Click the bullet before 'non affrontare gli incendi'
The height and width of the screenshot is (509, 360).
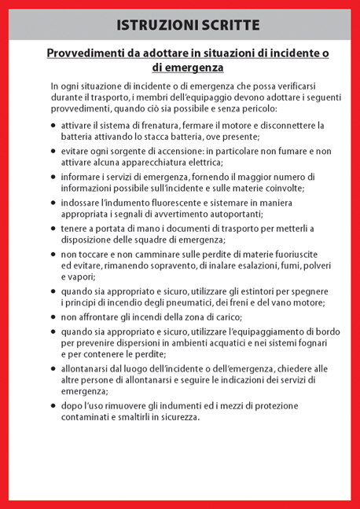53,317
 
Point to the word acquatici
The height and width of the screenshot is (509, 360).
211,343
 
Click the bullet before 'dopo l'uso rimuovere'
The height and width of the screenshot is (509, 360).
53,406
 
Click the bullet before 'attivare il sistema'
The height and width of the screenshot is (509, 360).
53,126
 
